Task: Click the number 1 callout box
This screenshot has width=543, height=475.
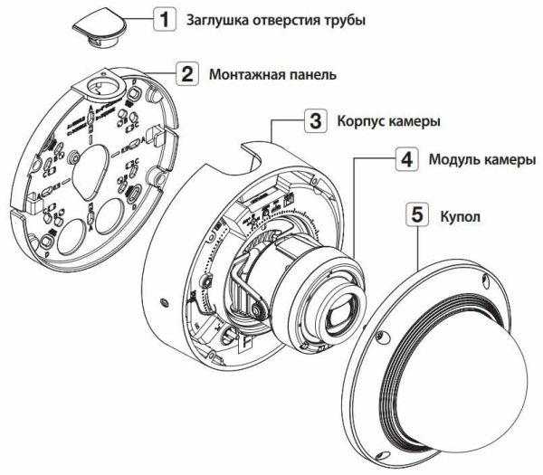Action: pos(164,18)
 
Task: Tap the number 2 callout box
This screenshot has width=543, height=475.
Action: pos(186,74)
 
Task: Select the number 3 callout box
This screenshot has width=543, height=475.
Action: pos(313,120)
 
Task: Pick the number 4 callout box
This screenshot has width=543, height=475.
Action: pos(407,160)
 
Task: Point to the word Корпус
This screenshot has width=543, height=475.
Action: pos(362,120)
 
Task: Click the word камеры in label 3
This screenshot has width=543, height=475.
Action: pos(415,120)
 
